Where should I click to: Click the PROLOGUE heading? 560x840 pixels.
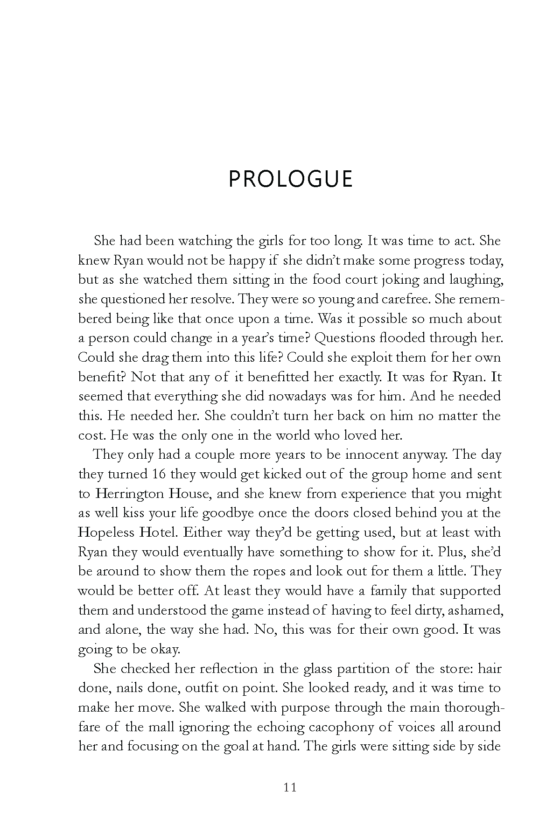pyautogui.click(x=290, y=179)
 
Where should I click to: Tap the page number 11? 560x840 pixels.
pyautogui.click(x=289, y=787)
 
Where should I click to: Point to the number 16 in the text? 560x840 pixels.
pyautogui.click(x=159, y=474)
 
